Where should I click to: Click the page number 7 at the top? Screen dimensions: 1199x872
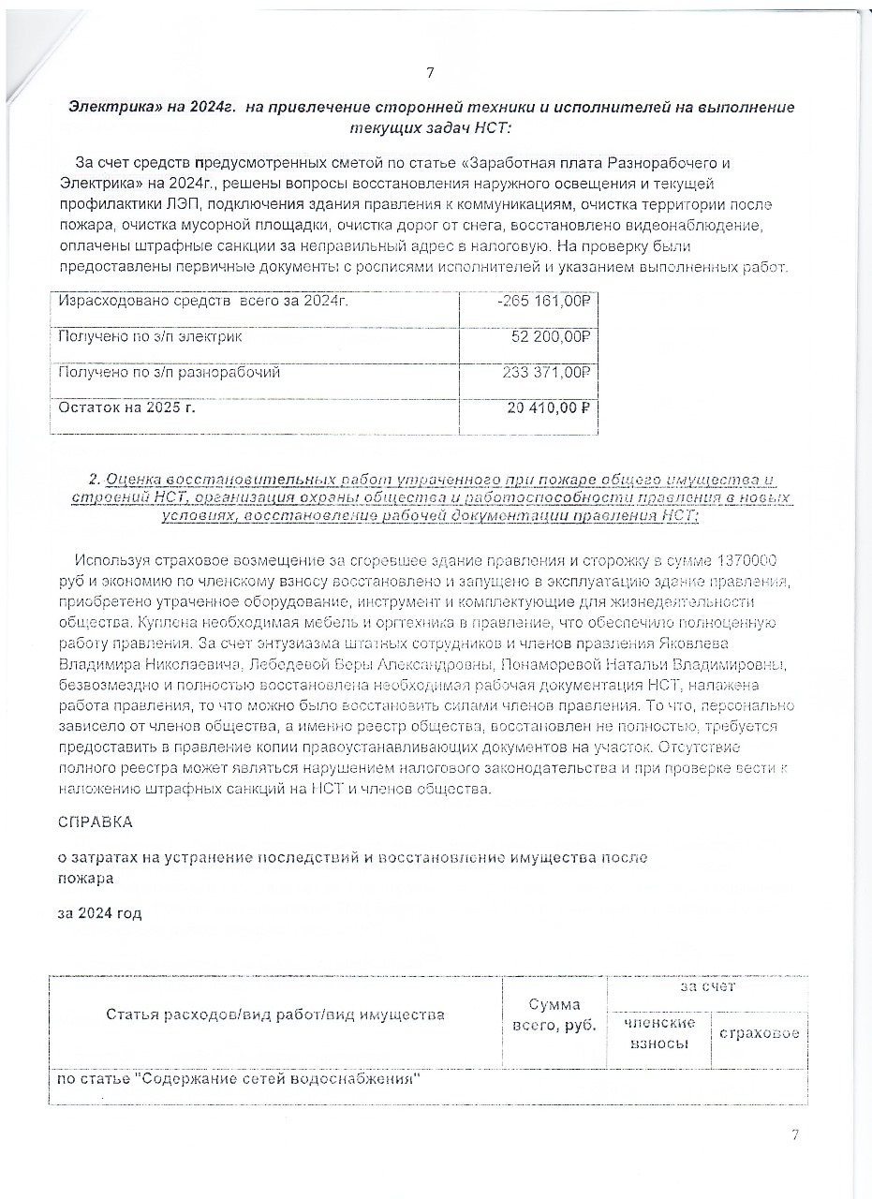point(430,74)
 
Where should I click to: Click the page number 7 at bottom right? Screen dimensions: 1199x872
point(795,1135)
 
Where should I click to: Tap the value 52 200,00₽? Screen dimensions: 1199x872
point(555,336)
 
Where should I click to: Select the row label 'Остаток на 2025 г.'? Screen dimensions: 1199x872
point(127,407)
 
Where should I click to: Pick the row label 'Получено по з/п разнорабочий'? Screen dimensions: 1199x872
point(169,372)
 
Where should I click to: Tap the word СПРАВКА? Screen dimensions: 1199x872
point(95,822)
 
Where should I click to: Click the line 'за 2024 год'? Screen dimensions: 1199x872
point(99,912)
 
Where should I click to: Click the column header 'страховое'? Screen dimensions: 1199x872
point(760,1033)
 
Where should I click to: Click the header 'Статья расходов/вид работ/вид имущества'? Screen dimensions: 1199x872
point(274,1014)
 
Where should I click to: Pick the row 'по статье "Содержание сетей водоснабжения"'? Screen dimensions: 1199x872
point(237,1078)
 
